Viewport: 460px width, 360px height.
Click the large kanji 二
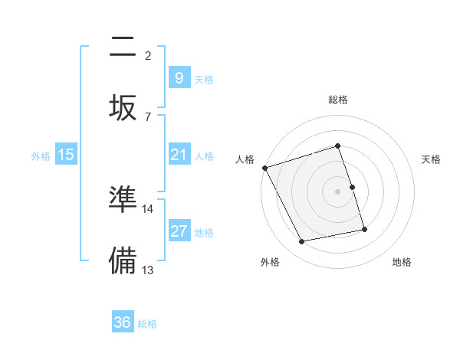click(123, 49)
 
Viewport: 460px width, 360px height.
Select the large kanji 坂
click(123, 106)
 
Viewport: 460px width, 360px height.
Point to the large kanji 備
click(123, 260)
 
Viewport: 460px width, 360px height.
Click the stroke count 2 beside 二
click(148, 55)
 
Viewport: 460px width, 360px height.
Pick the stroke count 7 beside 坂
click(148, 116)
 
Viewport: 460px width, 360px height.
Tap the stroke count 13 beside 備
click(148, 269)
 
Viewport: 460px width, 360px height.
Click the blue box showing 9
click(179, 78)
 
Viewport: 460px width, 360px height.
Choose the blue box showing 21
click(179, 155)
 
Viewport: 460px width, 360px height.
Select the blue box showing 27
click(179, 231)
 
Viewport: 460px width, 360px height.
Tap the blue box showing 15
click(66, 155)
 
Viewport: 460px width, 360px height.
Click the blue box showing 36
click(123, 322)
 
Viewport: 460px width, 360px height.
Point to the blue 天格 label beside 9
click(204, 79)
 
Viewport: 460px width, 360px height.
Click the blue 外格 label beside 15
click(41, 155)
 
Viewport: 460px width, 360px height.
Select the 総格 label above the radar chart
click(338, 100)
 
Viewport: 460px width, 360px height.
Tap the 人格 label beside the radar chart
click(245, 159)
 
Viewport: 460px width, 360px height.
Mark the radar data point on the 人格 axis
click(264, 168)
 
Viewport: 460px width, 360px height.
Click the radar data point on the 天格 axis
click(353, 187)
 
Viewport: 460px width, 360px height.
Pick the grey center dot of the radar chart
click(338, 191)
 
